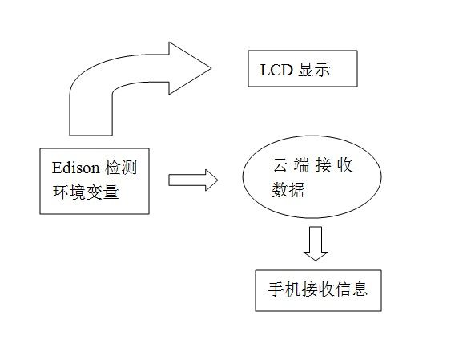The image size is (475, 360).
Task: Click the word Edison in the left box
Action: [76, 168]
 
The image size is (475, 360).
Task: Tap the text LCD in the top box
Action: [276, 70]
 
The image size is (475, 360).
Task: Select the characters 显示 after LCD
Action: [314, 70]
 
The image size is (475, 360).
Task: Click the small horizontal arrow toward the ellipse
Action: [193, 180]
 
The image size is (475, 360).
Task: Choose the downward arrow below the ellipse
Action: [316, 244]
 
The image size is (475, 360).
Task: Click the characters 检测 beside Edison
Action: [121, 168]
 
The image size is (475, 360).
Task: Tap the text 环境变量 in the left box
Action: [86, 192]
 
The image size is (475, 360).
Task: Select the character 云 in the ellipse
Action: [279, 165]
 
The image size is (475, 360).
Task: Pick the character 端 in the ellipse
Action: [301, 165]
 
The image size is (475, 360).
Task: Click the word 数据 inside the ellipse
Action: [288, 189]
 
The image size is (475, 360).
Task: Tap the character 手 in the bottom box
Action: [276, 289]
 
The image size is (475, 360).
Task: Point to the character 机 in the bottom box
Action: [292, 289]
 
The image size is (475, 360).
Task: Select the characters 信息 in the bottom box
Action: [352, 289]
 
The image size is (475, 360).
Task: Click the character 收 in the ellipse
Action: [344, 165]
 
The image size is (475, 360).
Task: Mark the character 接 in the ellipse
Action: [323, 165]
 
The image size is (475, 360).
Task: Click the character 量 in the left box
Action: [111, 192]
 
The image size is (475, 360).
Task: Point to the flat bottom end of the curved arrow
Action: [91, 135]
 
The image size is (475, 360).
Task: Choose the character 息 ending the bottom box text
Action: [360, 289]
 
